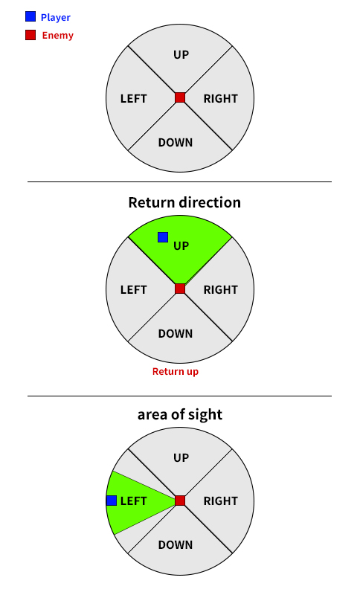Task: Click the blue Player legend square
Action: pyautogui.click(x=30, y=16)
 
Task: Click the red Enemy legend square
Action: pyautogui.click(x=30, y=35)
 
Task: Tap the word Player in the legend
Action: pyautogui.click(x=55, y=17)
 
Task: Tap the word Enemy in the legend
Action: pyautogui.click(x=58, y=35)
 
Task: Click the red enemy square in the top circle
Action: pyautogui.click(x=180, y=97)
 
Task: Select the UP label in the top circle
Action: pyautogui.click(x=181, y=54)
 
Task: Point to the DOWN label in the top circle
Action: pyautogui.click(x=176, y=142)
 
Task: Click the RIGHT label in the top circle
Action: pyautogui.click(x=220, y=99)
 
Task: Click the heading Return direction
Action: pyautogui.click(x=184, y=202)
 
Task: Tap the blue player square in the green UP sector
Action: pyautogui.click(x=163, y=237)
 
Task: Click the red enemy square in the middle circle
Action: pyautogui.click(x=180, y=289)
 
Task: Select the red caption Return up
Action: pyautogui.click(x=176, y=371)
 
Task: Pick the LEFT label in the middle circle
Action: pyautogui.click(x=133, y=290)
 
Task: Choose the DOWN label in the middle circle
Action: pyautogui.click(x=176, y=333)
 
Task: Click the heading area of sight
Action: pyautogui.click(x=180, y=414)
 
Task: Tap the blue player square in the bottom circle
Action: pyautogui.click(x=112, y=501)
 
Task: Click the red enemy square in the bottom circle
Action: pyautogui.click(x=180, y=501)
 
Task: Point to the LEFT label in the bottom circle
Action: pyautogui.click(x=133, y=501)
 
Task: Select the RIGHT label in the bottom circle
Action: pyautogui.click(x=220, y=501)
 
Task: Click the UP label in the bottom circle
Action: pyautogui.click(x=181, y=457)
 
